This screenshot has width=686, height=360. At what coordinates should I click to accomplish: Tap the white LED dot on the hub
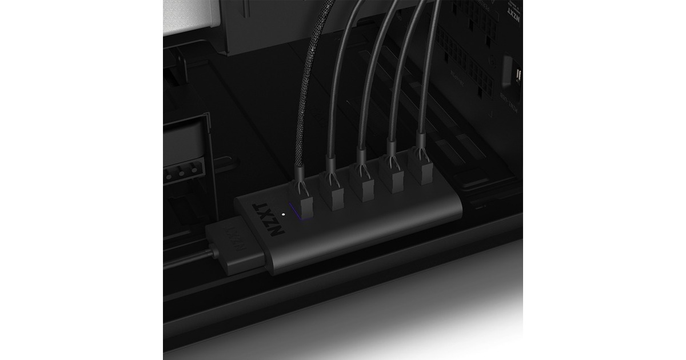284,215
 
